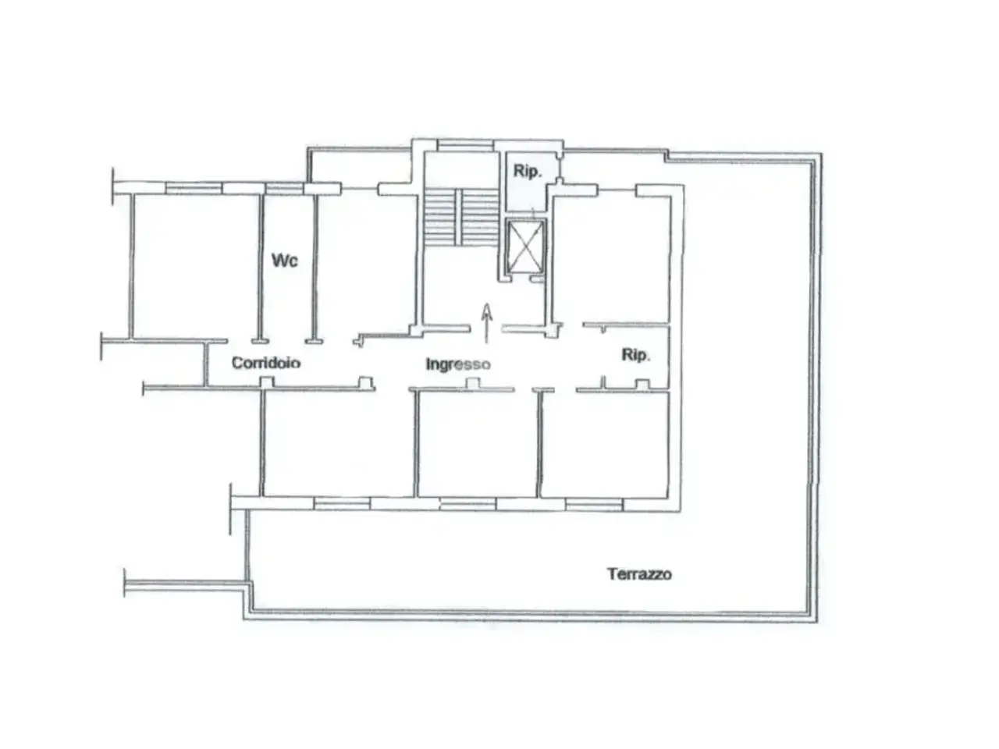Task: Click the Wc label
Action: pyautogui.click(x=284, y=260)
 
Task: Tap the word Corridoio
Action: pyautogui.click(x=266, y=363)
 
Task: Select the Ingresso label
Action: pyautogui.click(x=458, y=364)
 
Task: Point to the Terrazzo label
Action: pyautogui.click(x=639, y=574)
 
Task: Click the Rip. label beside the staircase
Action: pyautogui.click(x=528, y=172)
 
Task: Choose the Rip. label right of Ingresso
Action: pyautogui.click(x=636, y=355)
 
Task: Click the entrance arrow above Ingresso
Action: pyautogui.click(x=486, y=323)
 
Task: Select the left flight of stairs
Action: pyautogui.click(x=440, y=218)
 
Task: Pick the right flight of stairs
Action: pyautogui.click(x=480, y=218)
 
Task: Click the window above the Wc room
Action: pyautogui.click(x=284, y=188)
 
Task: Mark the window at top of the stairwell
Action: pyautogui.click(x=465, y=146)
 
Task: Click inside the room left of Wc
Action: pyautogui.click(x=196, y=266)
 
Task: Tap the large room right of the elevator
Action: pyautogui.click(x=611, y=259)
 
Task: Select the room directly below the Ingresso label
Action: pyautogui.click(x=477, y=443)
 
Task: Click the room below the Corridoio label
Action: pyautogui.click(x=338, y=443)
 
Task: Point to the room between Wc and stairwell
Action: pyautogui.click(x=366, y=266)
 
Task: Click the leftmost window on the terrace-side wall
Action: pyautogui.click(x=342, y=503)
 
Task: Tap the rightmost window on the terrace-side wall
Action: pyautogui.click(x=594, y=505)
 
